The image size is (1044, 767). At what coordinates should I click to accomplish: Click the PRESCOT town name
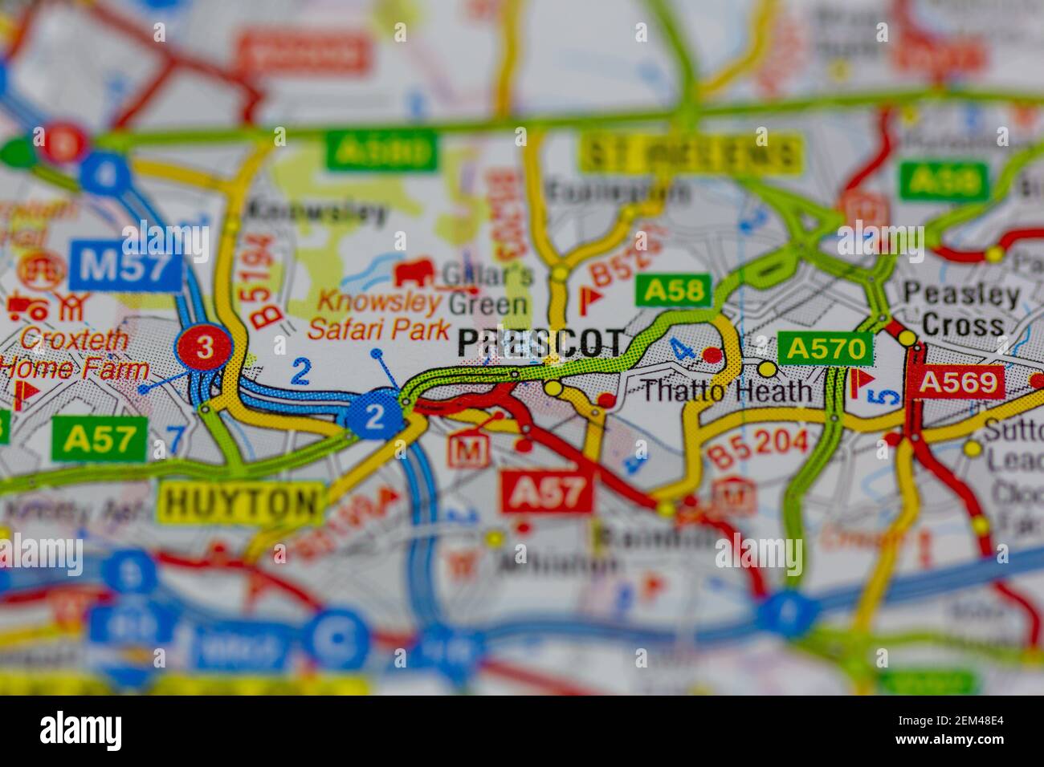[540, 344]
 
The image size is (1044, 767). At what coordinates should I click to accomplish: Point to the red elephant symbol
[414, 272]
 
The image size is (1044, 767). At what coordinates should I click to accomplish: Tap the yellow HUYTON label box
[242, 502]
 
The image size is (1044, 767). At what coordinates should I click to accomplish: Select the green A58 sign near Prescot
[674, 290]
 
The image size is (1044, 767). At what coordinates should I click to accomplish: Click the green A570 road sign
[826, 348]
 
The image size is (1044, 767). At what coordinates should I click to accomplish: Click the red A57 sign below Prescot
[548, 491]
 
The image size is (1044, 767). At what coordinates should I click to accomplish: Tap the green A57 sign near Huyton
[98, 439]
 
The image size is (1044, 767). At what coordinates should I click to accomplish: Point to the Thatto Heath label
[728, 392]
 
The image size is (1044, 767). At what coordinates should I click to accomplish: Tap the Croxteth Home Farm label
[74, 354]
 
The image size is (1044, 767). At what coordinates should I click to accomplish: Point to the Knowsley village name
[317, 212]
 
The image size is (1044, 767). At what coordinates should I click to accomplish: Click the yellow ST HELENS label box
[691, 153]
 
